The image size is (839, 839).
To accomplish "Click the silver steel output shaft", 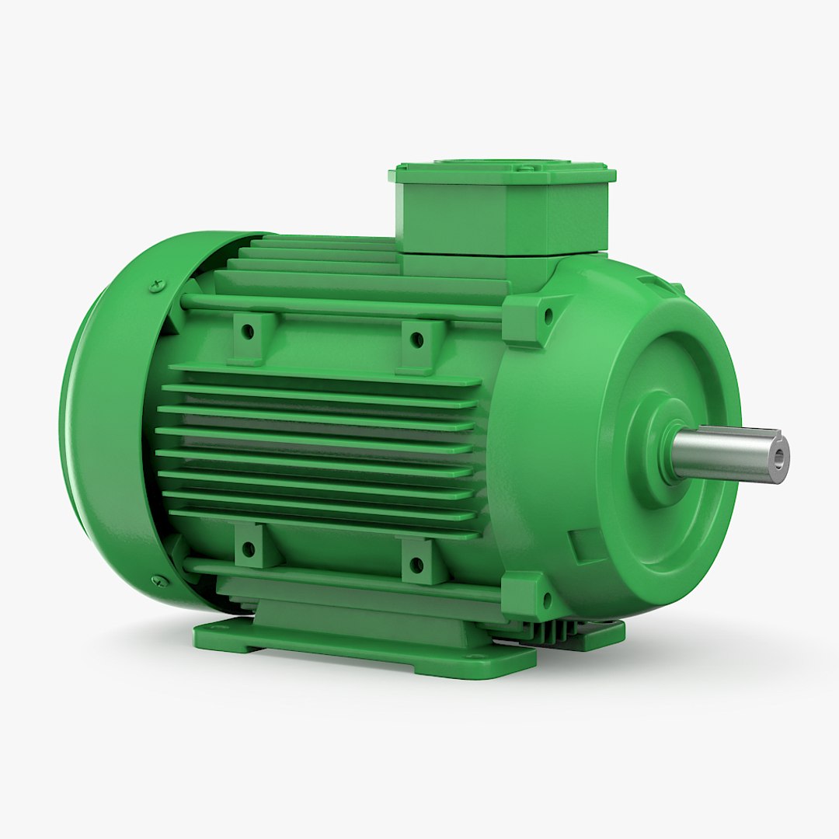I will click(722, 454).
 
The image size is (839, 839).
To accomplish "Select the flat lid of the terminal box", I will click(501, 169).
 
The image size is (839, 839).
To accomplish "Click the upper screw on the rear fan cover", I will click(158, 283).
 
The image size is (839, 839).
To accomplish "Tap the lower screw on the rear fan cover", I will click(160, 580).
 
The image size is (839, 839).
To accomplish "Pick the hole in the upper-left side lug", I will click(248, 332).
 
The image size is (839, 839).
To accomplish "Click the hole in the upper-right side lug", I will click(417, 339).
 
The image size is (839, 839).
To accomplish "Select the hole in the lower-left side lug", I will click(249, 548).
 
